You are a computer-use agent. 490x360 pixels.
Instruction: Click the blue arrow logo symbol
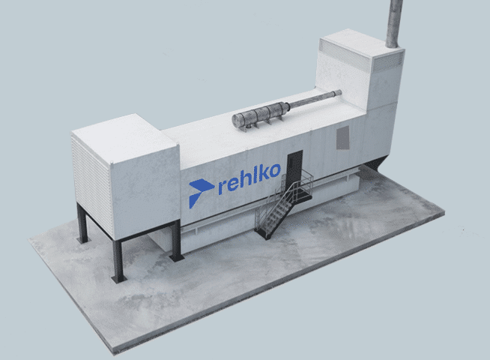[200, 192]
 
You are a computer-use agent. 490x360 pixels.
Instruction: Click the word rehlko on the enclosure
[249, 178]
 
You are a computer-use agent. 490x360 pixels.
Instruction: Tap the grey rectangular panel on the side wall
[343, 137]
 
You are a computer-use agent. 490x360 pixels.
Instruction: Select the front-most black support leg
[118, 261]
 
